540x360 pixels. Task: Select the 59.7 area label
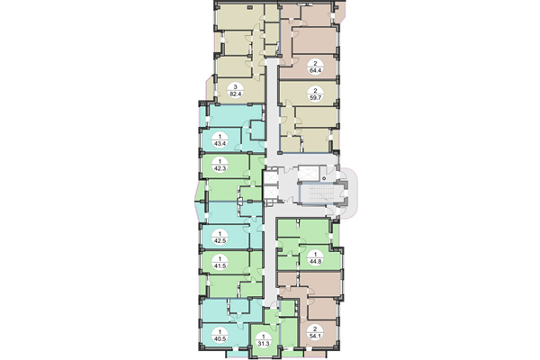(x=316, y=100)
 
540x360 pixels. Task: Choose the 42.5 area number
(x=219, y=241)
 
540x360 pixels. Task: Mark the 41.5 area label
(x=219, y=266)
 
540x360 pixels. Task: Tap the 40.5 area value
(x=219, y=340)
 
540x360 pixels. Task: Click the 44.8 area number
(x=316, y=264)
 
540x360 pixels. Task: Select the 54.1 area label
(x=316, y=338)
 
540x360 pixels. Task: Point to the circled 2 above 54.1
(x=316, y=329)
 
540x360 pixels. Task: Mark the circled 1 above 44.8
(x=316, y=255)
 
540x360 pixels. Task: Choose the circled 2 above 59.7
(x=316, y=91)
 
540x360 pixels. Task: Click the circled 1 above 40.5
(x=219, y=331)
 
